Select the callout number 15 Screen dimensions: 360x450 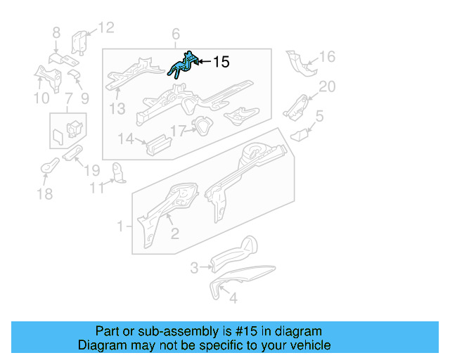(x=221, y=63)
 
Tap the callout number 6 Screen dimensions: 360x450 (x=176, y=34)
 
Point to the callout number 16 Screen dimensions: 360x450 (x=328, y=58)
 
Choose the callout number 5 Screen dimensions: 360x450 (x=319, y=116)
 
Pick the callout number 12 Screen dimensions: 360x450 (x=105, y=28)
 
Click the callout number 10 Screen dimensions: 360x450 (x=42, y=98)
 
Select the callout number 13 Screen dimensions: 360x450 (x=117, y=108)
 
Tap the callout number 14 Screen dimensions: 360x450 (x=126, y=139)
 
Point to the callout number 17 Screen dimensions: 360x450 (x=177, y=130)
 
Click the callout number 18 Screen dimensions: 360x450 (x=44, y=194)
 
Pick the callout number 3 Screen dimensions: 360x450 (x=195, y=267)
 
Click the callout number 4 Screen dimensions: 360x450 (x=233, y=297)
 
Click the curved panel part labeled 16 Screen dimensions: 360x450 (x=301, y=64)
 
